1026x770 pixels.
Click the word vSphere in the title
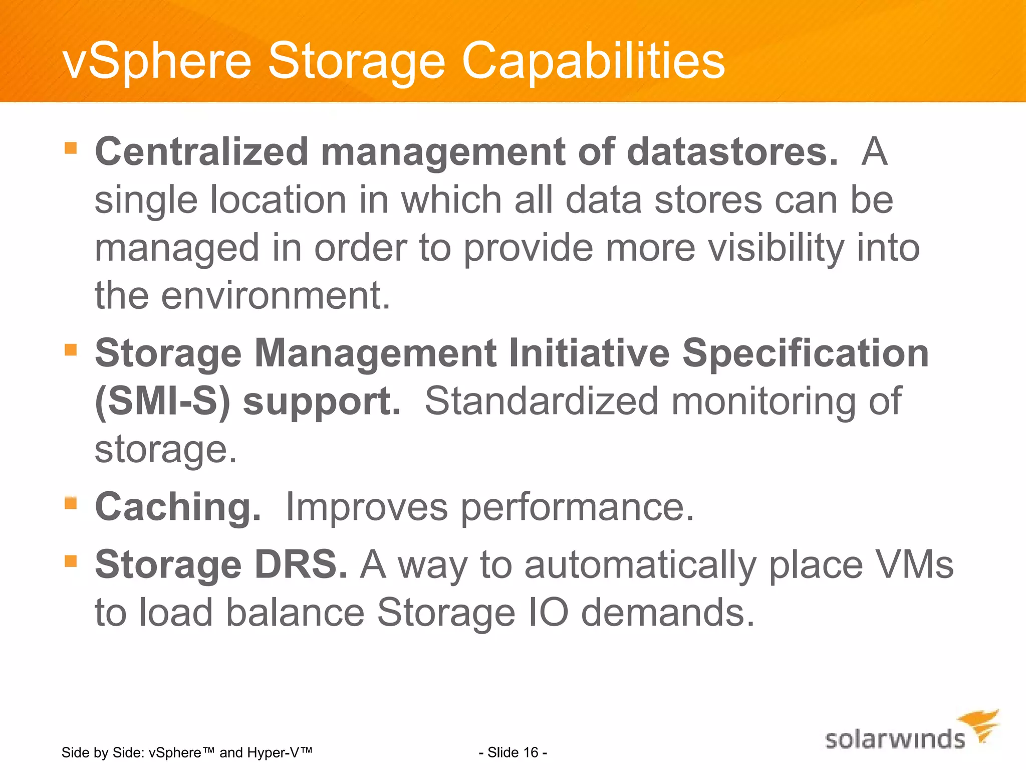click(157, 61)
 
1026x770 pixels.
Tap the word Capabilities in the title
click(593, 61)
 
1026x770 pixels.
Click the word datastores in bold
click(732, 152)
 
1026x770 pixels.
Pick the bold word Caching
click(178, 507)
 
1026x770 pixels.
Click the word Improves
click(366, 507)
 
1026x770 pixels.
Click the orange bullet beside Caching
click(71, 503)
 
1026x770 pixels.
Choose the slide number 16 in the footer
click(531, 752)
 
